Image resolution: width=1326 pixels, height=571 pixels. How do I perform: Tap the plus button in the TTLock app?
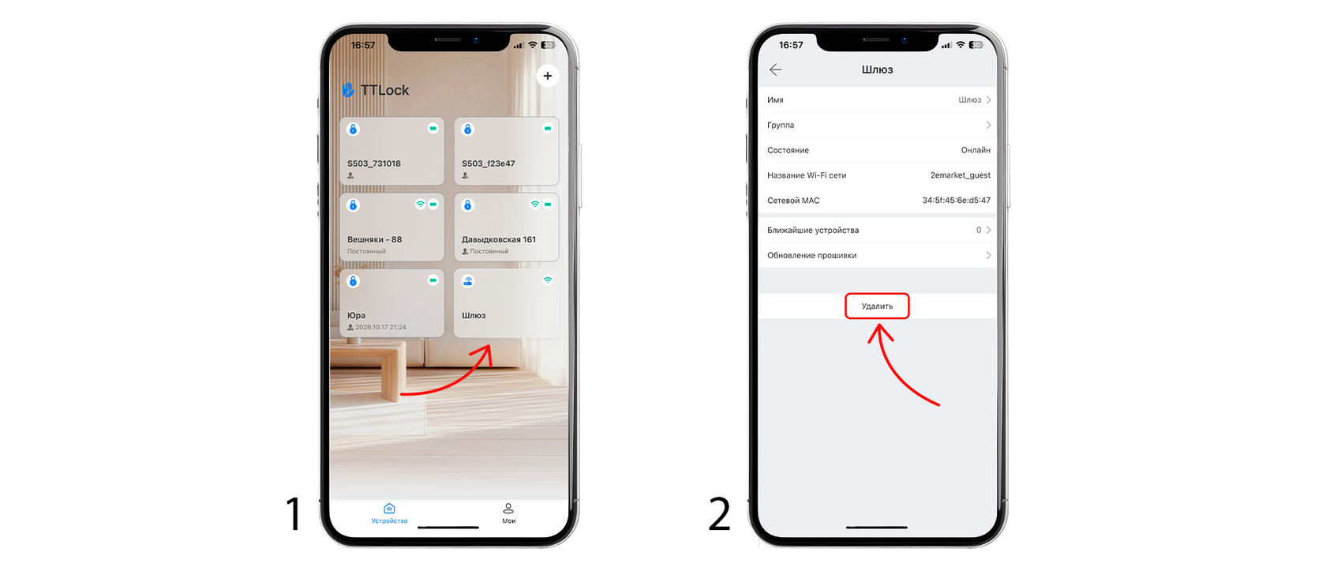[548, 76]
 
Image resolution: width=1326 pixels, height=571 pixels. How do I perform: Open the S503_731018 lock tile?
[391, 151]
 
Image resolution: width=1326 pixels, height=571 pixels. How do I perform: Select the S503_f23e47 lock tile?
[506, 151]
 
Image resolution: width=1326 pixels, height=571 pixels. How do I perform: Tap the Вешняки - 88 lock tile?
[391, 227]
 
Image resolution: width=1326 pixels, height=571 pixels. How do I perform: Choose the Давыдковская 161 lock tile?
[506, 227]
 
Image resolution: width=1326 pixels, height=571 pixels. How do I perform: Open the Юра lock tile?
[391, 302]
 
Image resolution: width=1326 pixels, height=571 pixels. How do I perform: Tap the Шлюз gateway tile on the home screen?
[506, 302]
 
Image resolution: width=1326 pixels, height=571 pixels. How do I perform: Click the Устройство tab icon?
[389, 509]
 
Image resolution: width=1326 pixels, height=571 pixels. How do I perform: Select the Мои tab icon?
[508, 509]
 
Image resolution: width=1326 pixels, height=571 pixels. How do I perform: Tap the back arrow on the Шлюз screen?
[775, 69]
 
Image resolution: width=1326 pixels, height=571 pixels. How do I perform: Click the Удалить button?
[877, 306]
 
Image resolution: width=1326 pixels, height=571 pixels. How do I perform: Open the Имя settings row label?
[775, 100]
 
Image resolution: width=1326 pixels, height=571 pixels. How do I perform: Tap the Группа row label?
[781, 125]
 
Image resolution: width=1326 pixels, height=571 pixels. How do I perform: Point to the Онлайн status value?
[976, 150]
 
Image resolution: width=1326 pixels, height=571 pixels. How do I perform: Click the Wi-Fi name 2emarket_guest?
[960, 175]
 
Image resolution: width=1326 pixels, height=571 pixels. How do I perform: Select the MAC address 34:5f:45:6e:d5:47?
[956, 201]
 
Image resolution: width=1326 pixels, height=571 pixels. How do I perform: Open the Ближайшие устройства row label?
[813, 231]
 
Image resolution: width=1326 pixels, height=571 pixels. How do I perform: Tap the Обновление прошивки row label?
[811, 255]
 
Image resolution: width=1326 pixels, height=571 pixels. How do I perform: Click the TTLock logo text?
[385, 90]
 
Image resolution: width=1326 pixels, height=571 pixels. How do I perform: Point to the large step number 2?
[719, 513]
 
